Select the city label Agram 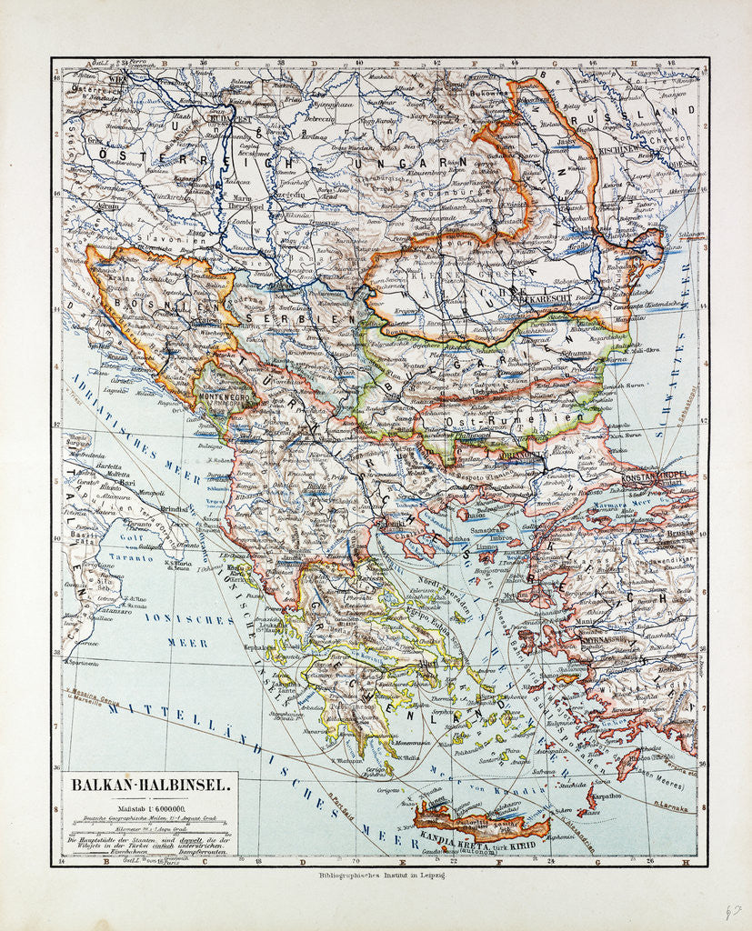(84, 206)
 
